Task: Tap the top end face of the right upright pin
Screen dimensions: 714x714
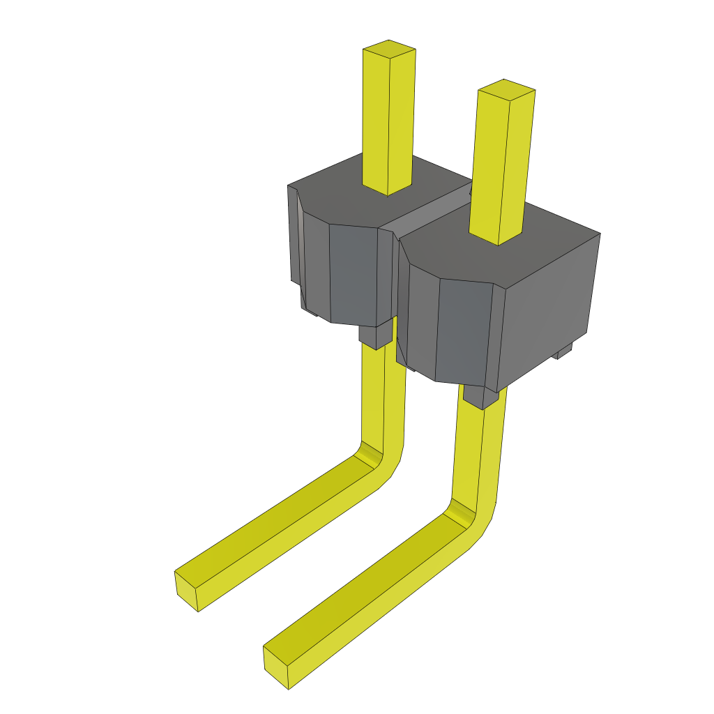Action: pyautogui.click(x=506, y=89)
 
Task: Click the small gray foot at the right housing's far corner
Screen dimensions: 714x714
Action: pyautogui.click(x=563, y=351)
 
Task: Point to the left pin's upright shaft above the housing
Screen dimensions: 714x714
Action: pyautogui.click(x=388, y=119)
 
